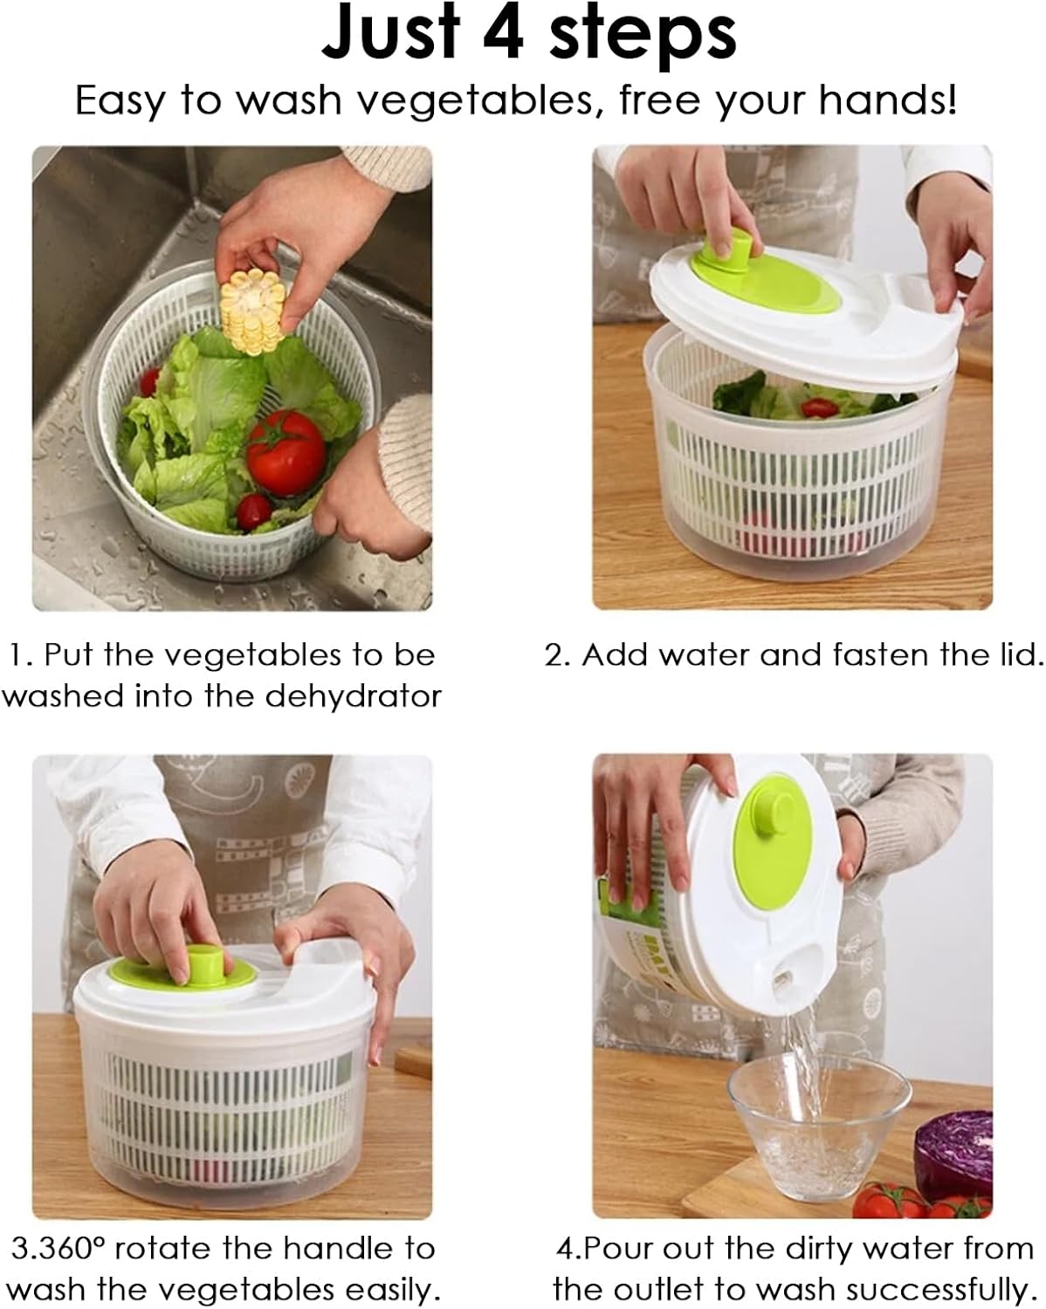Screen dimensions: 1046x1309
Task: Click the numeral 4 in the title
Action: pyautogui.click(x=503, y=34)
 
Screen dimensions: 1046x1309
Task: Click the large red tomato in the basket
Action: pyautogui.click(x=286, y=453)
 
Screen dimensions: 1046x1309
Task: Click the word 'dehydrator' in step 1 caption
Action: pyautogui.click(x=354, y=696)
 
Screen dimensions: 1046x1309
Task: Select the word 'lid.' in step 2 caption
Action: pyautogui.click(x=1017, y=655)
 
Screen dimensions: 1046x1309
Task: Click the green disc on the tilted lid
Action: pyautogui.click(x=772, y=842)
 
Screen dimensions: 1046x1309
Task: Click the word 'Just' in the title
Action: pyautogui.click(x=390, y=33)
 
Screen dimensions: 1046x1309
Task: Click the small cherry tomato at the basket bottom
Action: pyautogui.click(x=253, y=511)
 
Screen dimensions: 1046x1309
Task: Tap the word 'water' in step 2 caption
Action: pyautogui.click(x=705, y=655)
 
